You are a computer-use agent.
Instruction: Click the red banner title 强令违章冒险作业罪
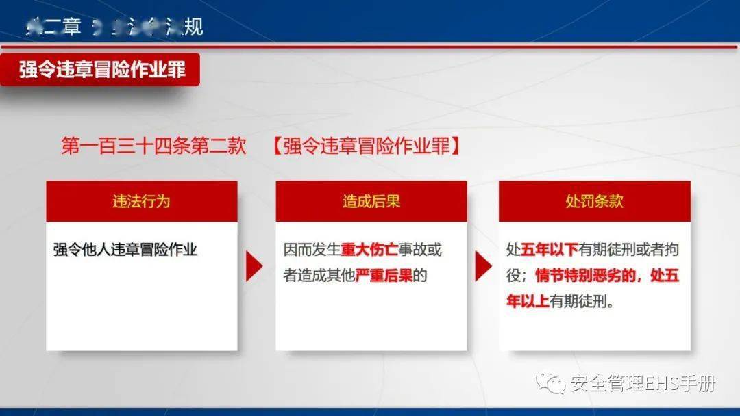[x=102, y=70]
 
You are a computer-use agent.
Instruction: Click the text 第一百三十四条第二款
[x=153, y=146]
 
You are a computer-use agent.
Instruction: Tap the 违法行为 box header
[x=142, y=201]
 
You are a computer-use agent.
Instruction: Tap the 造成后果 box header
[x=371, y=201]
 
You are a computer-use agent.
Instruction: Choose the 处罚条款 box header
[x=594, y=201]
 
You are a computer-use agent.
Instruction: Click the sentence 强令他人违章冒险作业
[x=125, y=250]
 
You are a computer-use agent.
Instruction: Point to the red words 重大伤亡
[x=369, y=250]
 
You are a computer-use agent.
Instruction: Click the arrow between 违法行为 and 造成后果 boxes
[x=254, y=267]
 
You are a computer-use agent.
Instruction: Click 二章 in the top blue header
[x=62, y=27]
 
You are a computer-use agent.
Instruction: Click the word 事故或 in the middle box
[x=420, y=250]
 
